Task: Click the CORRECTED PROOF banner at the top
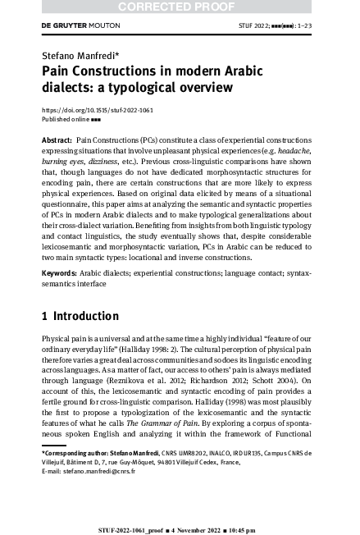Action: click(180, 7)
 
